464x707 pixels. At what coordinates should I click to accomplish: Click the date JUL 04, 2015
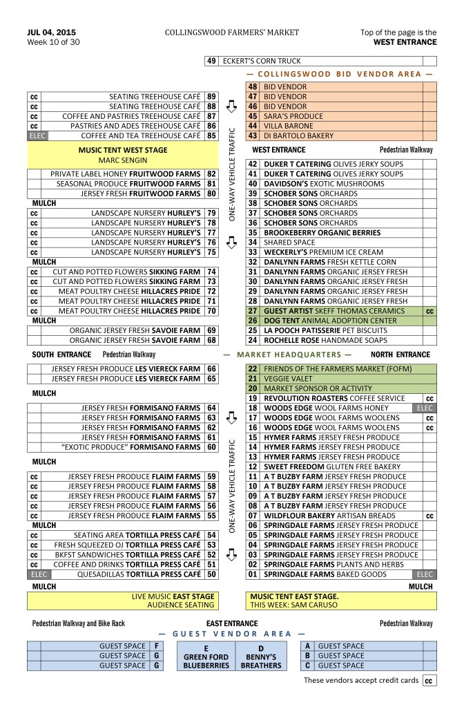pyautogui.click(x=52, y=32)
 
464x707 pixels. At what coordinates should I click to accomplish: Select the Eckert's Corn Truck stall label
pyautogui.click(x=262, y=62)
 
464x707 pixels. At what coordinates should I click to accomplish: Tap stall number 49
pyautogui.click(x=212, y=62)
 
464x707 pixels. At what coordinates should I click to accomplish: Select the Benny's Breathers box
pyautogui.click(x=262, y=656)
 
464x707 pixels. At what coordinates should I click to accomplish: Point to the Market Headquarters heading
pyautogui.click(x=287, y=355)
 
